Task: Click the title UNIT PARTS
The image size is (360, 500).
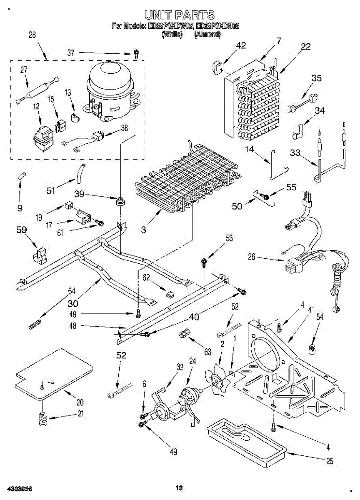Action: click(180, 15)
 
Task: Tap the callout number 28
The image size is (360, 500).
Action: click(32, 35)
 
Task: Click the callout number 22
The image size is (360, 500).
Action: click(306, 47)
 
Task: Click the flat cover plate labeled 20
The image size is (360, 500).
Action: click(54, 373)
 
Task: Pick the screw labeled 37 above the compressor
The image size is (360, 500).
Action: click(136, 52)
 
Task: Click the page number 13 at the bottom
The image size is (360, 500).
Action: click(179, 488)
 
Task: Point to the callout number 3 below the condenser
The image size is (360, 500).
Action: click(143, 230)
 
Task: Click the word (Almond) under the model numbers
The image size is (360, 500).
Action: click(207, 35)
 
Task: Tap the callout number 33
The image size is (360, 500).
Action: click(295, 153)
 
